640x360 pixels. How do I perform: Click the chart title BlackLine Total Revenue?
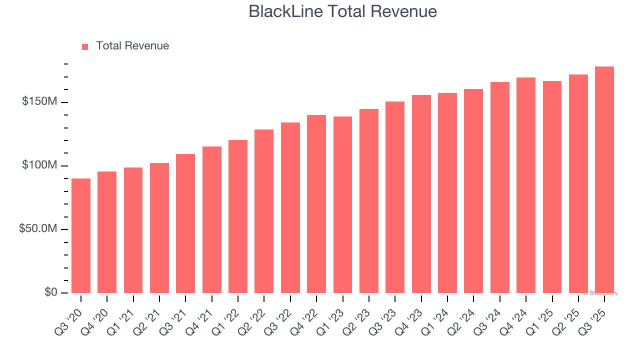point(342,11)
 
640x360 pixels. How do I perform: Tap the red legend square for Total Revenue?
point(85,46)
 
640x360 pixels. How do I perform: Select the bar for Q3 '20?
point(81,235)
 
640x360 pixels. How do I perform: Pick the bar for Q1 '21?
point(133,230)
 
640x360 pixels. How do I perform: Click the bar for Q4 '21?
point(211,219)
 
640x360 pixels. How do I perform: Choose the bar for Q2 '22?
point(264,211)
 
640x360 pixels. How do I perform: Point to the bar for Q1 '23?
point(342,204)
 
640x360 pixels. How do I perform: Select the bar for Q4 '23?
point(421,194)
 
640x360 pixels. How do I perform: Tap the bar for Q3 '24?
point(499,187)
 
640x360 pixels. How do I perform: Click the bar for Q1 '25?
point(552,187)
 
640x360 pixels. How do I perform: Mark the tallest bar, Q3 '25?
point(604,179)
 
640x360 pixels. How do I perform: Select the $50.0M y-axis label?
point(38,229)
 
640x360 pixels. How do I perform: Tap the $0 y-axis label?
point(50,292)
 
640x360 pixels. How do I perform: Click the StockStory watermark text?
point(601,293)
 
